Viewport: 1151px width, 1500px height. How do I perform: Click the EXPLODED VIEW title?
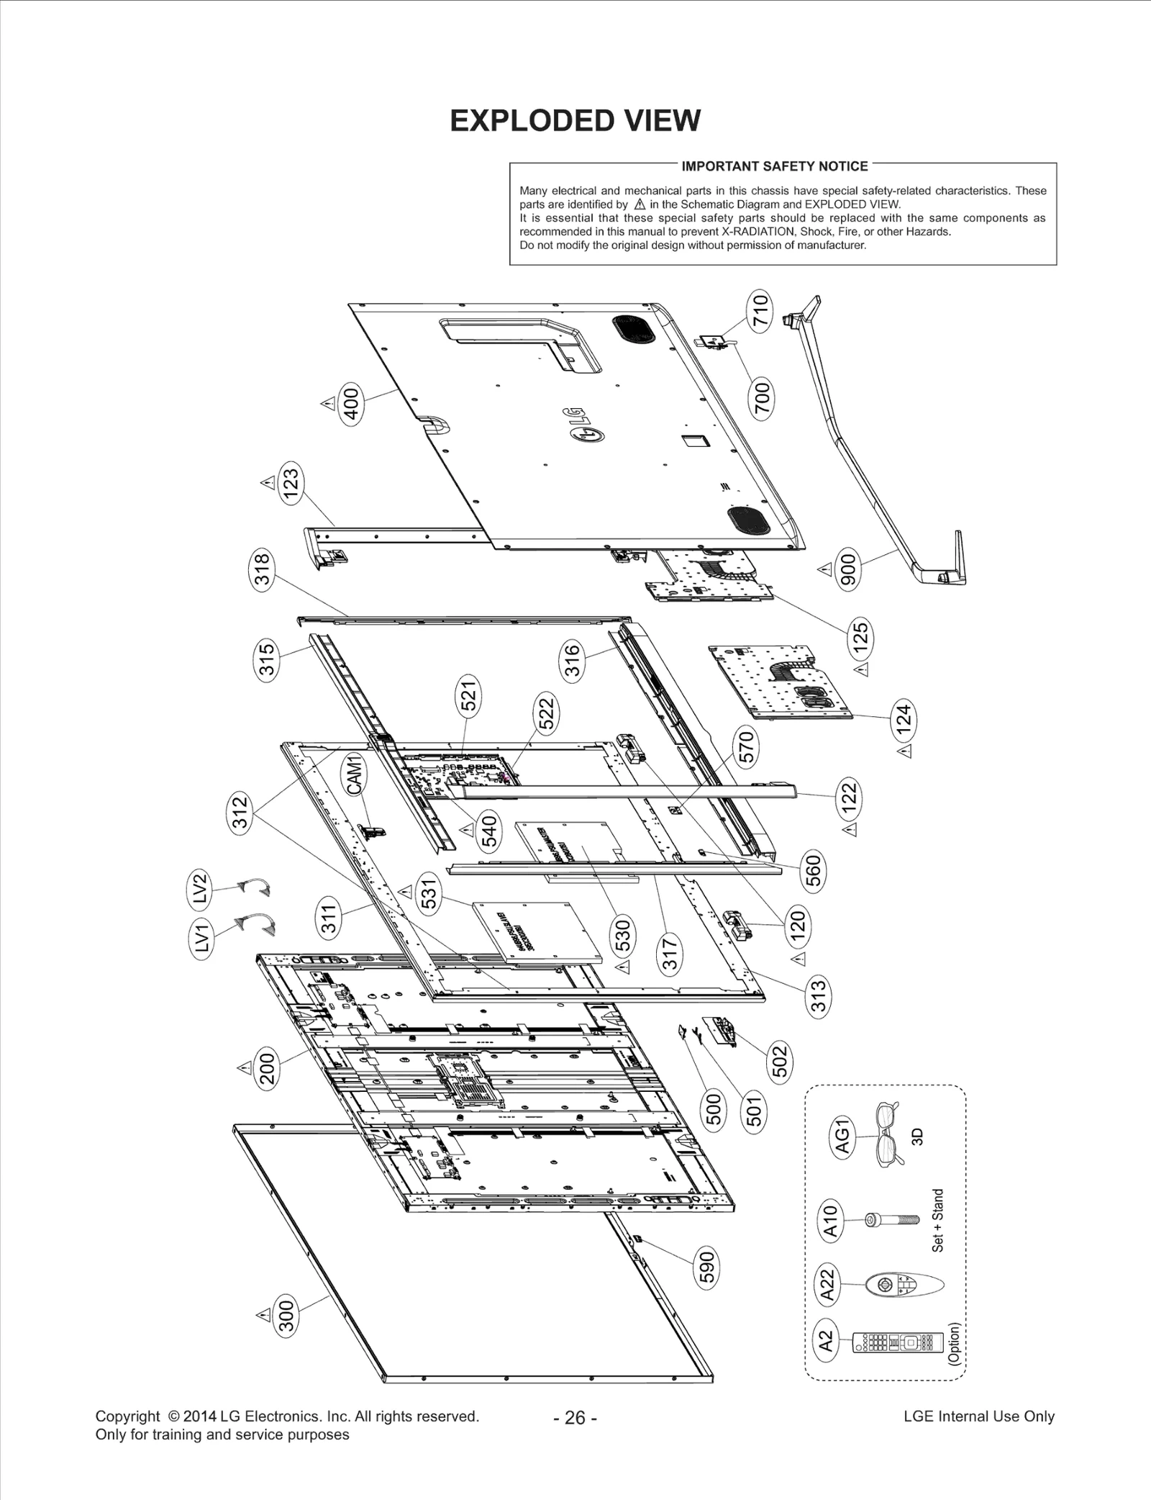point(575,121)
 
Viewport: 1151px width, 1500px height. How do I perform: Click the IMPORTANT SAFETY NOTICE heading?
point(774,166)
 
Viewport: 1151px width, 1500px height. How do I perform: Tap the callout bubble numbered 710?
point(760,310)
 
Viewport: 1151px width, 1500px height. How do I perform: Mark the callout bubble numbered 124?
point(904,718)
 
